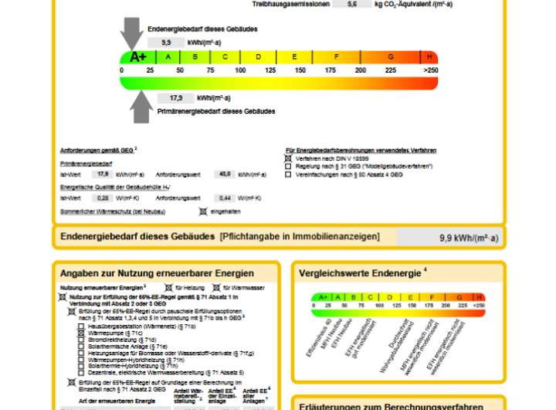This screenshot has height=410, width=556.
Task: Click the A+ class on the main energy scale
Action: pyautogui.click(x=138, y=56)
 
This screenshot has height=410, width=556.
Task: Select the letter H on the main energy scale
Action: pyautogui.click(x=429, y=56)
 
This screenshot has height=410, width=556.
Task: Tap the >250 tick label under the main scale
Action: pyautogui.click(x=430, y=70)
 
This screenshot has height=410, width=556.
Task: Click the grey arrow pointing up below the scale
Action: pyautogui.click(x=141, y=106)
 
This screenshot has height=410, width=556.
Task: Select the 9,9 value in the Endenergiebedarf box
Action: pyautogui.click(x=166, y=43)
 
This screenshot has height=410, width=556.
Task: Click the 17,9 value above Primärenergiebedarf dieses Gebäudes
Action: pyautogui.click(x=176, y=98)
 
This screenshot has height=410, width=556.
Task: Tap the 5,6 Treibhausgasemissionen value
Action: pyautogui.click(x=353, y=4)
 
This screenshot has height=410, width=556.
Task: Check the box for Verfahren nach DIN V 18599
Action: pyautogui.click(x=288, y=158)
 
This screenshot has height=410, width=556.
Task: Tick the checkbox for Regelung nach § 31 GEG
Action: pyautogui.click(x=288, y=166)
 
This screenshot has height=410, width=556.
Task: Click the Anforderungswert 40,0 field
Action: pyautogui.click(x=225, y=174)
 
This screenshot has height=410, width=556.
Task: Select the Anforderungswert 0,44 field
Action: pyautogui.click(x=225, y=198)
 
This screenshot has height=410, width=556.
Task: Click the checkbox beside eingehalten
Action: pyautogui.click(x=202, y=210)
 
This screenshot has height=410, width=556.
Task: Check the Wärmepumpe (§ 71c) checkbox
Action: pyautogui.click(x=81, y=333)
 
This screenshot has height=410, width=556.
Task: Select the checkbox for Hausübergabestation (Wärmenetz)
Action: pyautogui.click(x=81, y=327)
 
